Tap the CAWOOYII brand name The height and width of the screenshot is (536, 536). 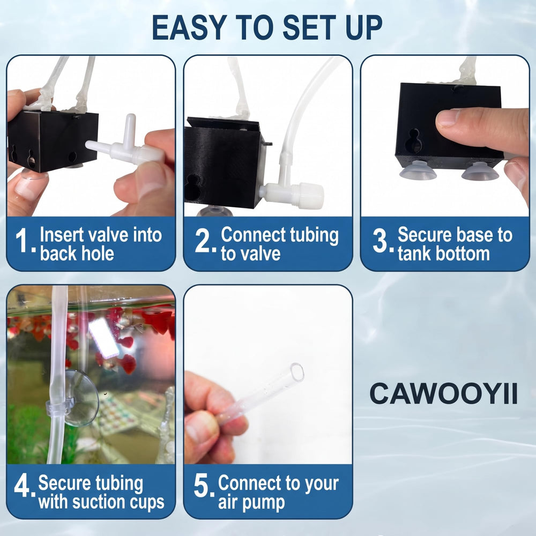pos(443,393)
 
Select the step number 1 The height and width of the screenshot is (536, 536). pos(23,240)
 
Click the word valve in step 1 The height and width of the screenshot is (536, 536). pos(108,235)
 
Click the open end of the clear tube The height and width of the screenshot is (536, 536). pos(297,373)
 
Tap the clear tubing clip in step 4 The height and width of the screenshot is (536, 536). pos(59,407)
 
